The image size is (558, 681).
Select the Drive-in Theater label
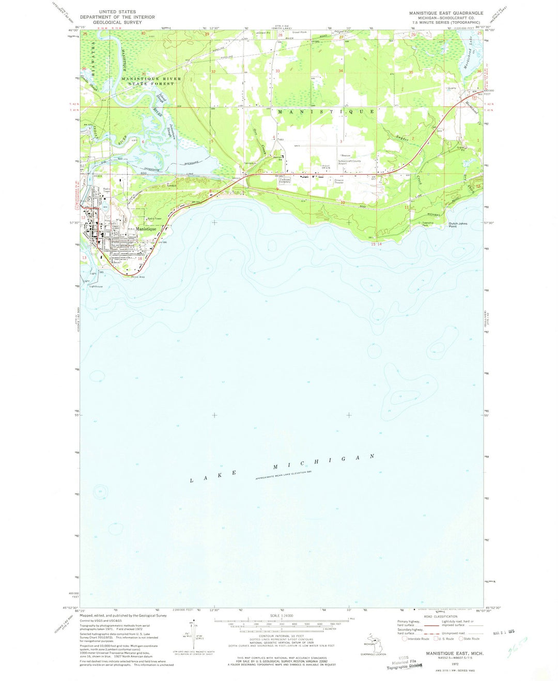[x=339, y=181]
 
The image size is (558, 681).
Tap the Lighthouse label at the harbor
[x=96, y=286]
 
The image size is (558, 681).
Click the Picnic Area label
[x=137, y=276]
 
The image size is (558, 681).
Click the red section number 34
[x=340, y=70]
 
